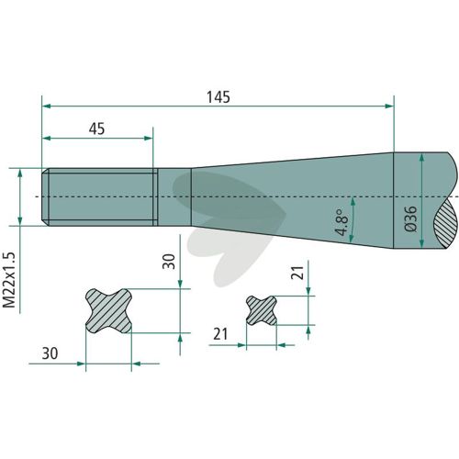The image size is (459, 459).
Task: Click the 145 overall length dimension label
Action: click(218, 97)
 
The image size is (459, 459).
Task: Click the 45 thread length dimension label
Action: click(96, 129)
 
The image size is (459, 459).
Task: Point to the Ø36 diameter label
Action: click(410, 218)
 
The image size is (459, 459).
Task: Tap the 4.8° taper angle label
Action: click(342, 222)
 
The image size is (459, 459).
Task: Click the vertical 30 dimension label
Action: click(169, 262)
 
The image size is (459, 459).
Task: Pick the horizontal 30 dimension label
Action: click(50, 353)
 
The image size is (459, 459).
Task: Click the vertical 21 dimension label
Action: click(297, 272)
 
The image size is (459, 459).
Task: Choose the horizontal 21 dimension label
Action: click(220, 334)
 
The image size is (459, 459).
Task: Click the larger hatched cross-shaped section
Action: click(108, 311)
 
